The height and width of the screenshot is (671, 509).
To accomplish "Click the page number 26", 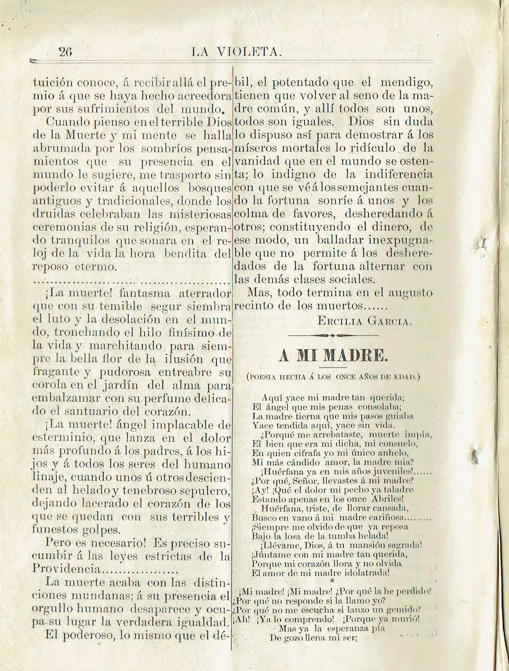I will [65, 52].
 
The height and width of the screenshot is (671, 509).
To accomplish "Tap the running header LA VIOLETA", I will [237, 52].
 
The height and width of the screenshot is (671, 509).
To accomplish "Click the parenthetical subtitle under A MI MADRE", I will [333, 377].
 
